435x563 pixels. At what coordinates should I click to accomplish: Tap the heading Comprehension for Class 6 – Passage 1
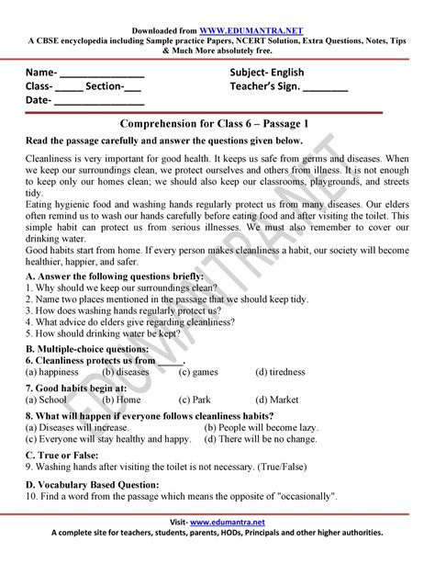(217, 123)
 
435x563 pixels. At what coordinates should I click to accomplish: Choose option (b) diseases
(126, 372)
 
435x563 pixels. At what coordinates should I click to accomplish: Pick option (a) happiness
(51, 372)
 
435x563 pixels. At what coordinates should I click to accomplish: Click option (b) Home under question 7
(121, 400)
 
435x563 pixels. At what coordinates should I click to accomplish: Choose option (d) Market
(278, 400)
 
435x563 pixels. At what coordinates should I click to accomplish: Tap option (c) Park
(195, 400)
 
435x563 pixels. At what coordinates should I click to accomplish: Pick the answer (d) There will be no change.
(262, 439)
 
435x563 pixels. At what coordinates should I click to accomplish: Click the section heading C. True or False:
(63, 455)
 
